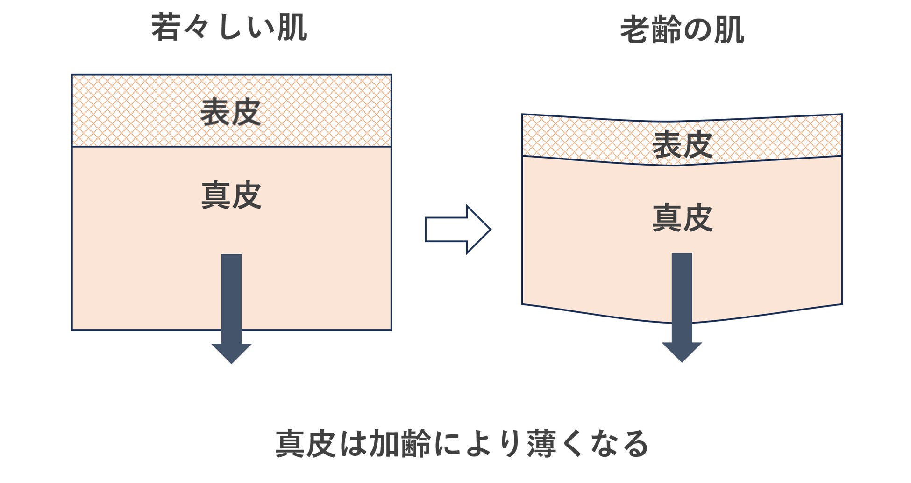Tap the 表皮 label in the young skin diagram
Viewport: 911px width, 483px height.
(230, 113)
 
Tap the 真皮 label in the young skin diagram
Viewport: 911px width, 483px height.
(231, 196)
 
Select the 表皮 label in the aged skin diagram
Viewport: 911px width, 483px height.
(682, 144)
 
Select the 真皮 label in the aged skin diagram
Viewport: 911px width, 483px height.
(682, 218)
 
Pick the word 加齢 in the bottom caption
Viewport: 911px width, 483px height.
(400, 444)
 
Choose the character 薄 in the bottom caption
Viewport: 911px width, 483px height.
(542, 444)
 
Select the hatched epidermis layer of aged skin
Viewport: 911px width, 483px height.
(584, 138)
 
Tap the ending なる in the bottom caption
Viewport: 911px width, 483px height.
(619, 444)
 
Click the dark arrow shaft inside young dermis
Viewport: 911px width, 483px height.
(231, 295)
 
